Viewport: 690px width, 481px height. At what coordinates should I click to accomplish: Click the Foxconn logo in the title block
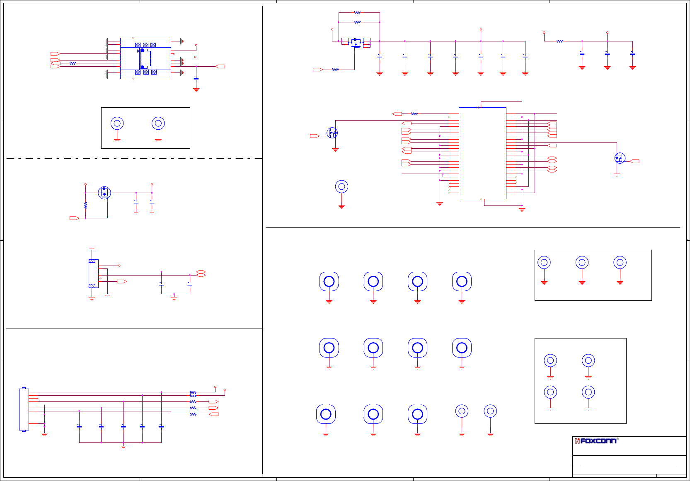596,441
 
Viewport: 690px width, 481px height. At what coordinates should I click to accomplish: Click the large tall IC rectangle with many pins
482,153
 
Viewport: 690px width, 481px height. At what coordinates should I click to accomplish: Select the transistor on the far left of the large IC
332,133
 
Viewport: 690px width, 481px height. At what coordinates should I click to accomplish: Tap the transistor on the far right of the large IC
620,158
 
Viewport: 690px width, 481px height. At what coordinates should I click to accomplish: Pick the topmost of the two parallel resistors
357,13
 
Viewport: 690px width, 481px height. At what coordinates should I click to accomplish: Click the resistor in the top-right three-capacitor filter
560,41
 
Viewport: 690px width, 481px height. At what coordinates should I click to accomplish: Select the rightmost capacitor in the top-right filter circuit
632,53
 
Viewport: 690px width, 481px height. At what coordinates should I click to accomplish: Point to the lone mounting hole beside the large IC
341,187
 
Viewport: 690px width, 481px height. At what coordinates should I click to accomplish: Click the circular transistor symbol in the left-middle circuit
104,193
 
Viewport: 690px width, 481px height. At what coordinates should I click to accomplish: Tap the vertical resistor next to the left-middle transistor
85,205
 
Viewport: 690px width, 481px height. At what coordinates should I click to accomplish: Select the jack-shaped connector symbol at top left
145,58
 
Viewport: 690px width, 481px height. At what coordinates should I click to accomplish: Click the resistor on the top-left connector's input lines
73,63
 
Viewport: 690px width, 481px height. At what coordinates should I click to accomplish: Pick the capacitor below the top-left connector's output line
196,78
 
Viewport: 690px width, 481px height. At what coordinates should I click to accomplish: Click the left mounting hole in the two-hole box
117,123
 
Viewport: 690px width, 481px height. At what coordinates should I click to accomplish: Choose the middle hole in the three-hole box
582,262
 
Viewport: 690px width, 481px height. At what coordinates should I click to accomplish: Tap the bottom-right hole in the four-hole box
588,392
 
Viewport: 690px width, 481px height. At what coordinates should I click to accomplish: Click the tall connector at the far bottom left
24,409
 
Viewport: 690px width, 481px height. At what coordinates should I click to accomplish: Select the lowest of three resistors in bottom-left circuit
193,414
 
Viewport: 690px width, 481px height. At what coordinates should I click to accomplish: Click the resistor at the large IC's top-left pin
414,114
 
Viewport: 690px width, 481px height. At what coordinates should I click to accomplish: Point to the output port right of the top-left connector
220,66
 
